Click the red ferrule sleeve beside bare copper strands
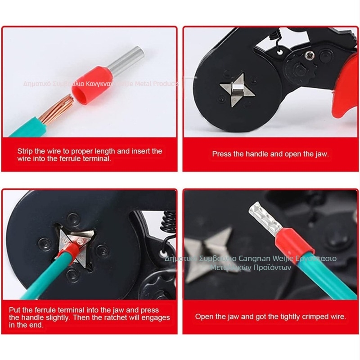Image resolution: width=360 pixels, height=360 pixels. point(88,90)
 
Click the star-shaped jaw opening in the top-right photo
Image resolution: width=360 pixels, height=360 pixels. point(236,89)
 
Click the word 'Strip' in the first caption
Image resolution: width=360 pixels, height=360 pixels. point(26,151)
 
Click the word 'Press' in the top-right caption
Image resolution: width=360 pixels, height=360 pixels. point(221,154)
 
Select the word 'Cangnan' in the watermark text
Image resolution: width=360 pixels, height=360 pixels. point(253,259)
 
